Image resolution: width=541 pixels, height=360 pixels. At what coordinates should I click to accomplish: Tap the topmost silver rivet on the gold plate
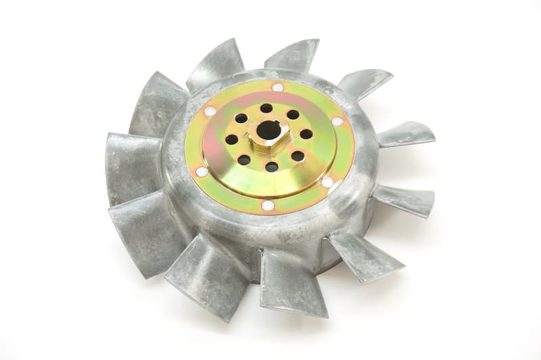coord(277,87)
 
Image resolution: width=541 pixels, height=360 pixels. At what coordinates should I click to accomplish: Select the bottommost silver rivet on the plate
coord(268,205)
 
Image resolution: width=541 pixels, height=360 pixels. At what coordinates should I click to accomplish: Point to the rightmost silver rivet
coord(337,122)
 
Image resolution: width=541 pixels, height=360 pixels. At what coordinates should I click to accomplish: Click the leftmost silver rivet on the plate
coord(201,172)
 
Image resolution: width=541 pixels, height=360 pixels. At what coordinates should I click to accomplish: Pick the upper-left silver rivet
coord(210,111)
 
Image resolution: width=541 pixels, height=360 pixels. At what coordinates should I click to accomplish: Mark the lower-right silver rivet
coord(327,182)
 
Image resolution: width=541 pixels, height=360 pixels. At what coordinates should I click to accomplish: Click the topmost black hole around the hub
coord(266,108)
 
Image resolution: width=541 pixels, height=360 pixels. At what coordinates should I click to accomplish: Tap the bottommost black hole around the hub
coord(271,166)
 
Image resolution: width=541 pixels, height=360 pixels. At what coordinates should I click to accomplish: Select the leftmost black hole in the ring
coord(231,139)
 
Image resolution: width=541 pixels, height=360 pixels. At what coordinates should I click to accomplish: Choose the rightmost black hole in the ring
coord(306,134)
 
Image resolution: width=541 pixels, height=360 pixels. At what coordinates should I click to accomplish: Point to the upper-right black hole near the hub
coord(293,114)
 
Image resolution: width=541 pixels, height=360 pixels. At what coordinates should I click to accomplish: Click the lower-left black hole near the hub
coord(243,160)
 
